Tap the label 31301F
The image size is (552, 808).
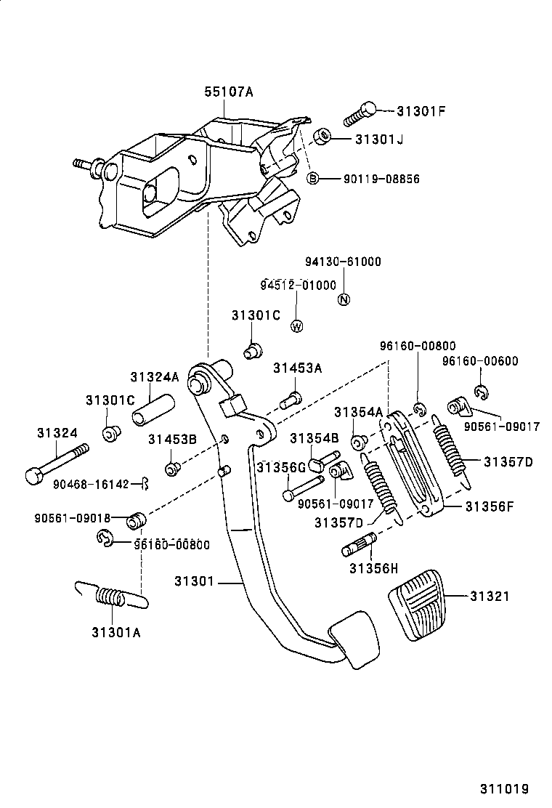point(421,111)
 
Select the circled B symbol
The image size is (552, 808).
point(313,178)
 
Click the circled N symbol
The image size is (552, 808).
point(344,299)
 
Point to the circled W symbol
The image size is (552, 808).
point(296,326)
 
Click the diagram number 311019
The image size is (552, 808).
point(503,788)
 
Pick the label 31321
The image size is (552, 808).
point(489,596)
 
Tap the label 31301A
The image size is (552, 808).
point(116,631)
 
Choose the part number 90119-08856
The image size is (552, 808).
point(381,179)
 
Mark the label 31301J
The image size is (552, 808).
point(379,138)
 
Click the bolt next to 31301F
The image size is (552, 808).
point(360,114)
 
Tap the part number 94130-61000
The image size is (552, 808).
point(343,262)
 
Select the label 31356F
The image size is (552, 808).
point(489,506)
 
